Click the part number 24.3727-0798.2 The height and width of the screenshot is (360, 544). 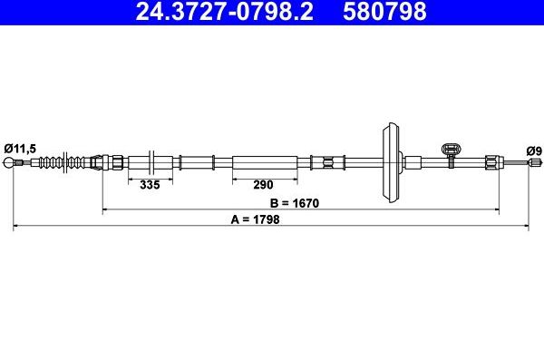(225, 11)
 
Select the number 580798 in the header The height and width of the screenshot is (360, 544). (384, 11)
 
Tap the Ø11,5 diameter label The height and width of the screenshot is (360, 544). (20, 149)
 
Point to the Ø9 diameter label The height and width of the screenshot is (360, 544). (534, 151)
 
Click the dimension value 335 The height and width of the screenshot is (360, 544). (150, 185)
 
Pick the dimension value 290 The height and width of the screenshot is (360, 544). (263, 185)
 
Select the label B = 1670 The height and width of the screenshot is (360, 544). (294, 203)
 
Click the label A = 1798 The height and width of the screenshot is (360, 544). (255, 219)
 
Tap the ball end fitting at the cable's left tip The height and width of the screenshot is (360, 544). (9, 162)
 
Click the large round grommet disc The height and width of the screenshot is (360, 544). (391, 162)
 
